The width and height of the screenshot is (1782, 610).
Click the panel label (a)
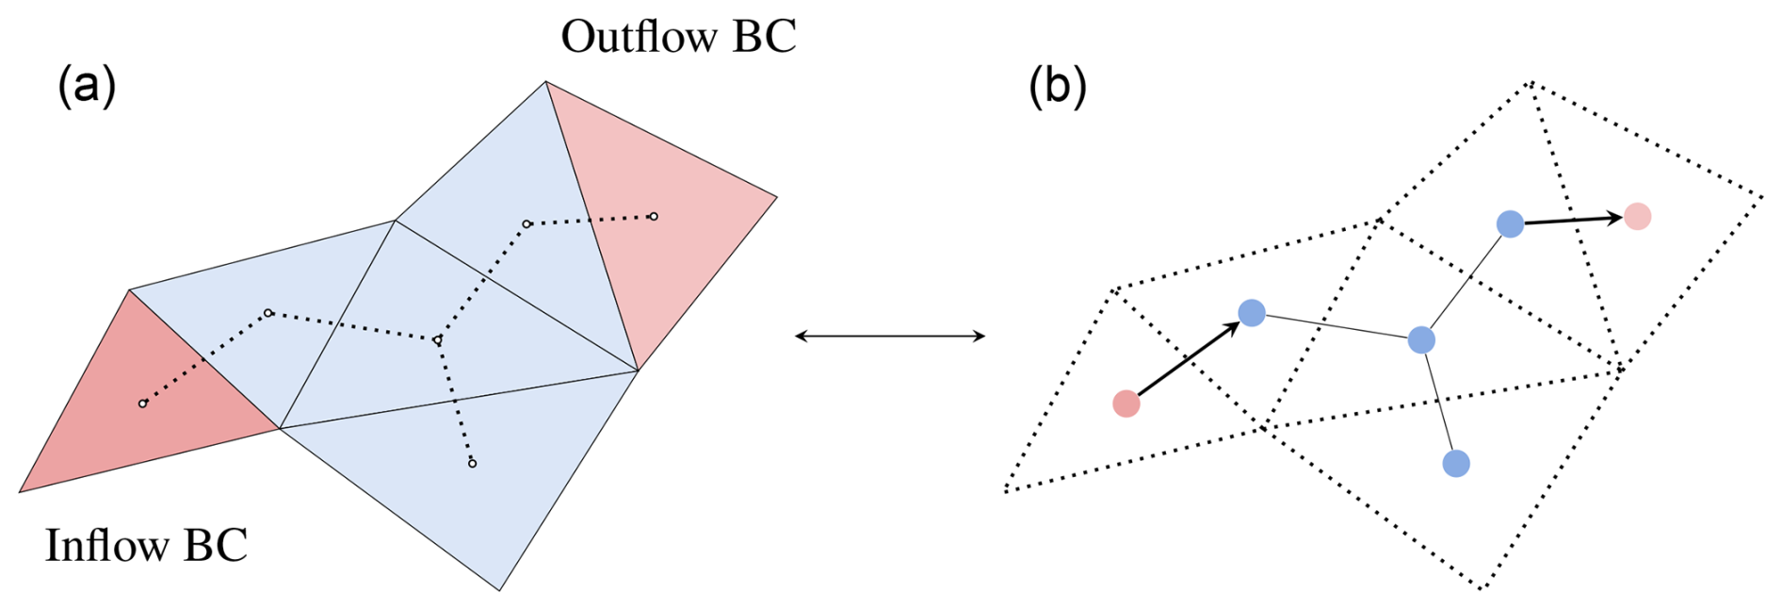coord(87,86)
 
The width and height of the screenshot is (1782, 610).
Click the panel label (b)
coord(1057,86)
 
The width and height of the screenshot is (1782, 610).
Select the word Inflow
coord(106,545)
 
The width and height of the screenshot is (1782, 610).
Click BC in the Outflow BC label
coord(764,37)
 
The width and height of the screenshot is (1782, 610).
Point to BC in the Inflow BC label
coord(216,545)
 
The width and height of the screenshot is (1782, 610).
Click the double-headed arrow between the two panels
coord(890,336)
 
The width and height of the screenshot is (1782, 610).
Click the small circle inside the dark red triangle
coord(143,404)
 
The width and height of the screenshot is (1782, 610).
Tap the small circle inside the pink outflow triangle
coord(654,217)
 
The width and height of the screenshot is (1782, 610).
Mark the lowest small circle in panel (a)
coord(472,463)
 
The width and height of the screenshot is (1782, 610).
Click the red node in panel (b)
coord(1126,404)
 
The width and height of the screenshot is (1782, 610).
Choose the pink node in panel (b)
coord(1638,217)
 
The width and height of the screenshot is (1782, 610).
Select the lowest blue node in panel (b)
coord(1456,463)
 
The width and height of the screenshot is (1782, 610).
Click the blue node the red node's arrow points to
coord(1252,312)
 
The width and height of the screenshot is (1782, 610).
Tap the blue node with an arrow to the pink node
coord(1510,223)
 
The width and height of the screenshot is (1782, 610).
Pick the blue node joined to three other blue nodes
coord(1421,339)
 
